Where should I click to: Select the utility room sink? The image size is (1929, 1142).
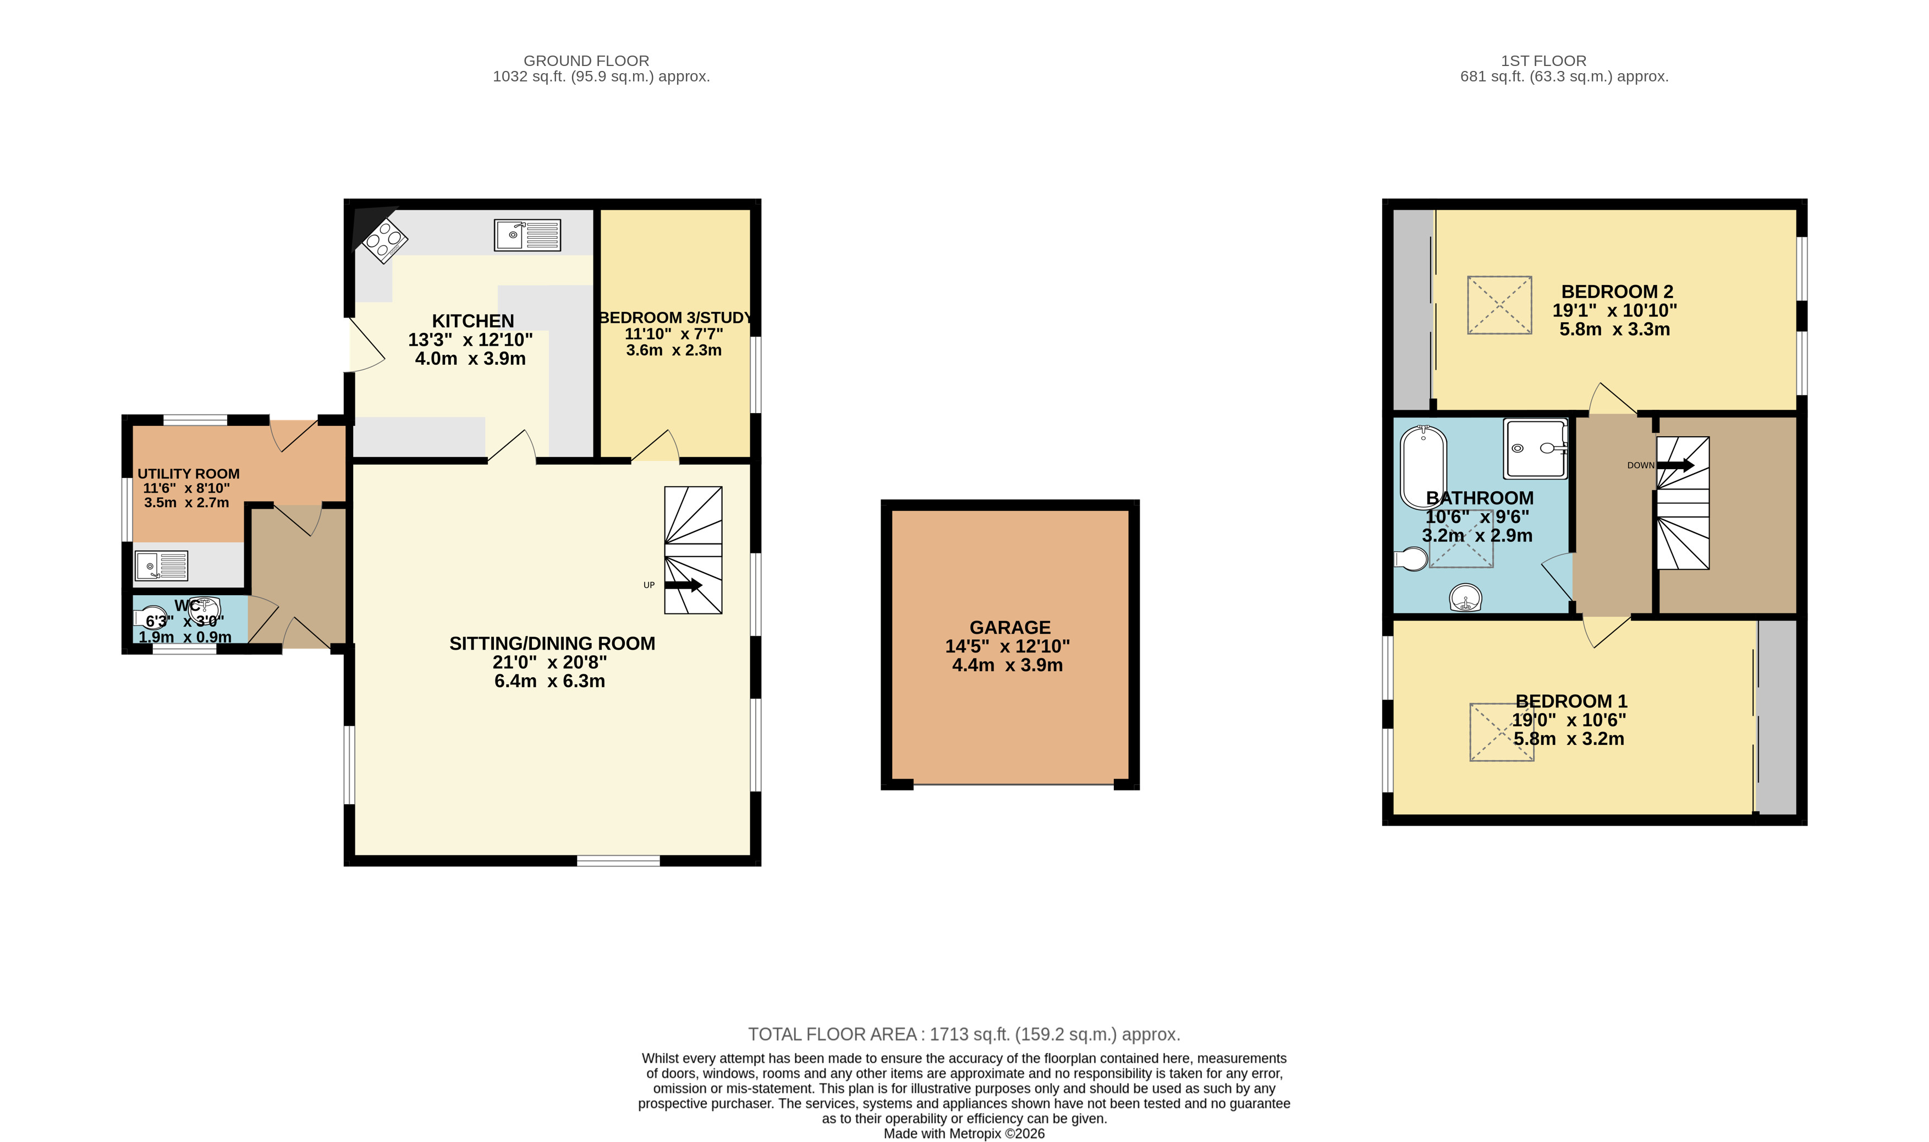click(161, 565)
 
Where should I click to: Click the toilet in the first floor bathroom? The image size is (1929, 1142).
click(1410, 559)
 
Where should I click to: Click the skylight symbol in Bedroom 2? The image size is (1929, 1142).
click(1499, 305)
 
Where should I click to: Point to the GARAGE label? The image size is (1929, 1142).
click(1009, 627)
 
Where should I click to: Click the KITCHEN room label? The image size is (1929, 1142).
click(472, 321)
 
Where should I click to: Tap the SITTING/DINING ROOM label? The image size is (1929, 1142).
click(552, 643)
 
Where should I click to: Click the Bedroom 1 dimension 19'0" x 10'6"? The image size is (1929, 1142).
click(1569, 720)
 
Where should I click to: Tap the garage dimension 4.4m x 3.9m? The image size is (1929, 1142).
click(1007, 665)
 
